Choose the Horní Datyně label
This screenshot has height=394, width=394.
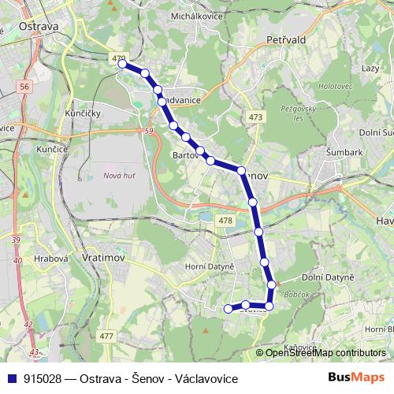coord(210,267)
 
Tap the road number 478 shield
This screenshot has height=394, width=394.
coord(225,221)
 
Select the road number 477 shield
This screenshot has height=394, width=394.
coord(106,336)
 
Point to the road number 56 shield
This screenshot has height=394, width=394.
coord(26,87)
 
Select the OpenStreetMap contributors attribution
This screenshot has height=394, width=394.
coord(325,353)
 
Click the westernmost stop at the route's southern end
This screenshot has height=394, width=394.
coord(229,308)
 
